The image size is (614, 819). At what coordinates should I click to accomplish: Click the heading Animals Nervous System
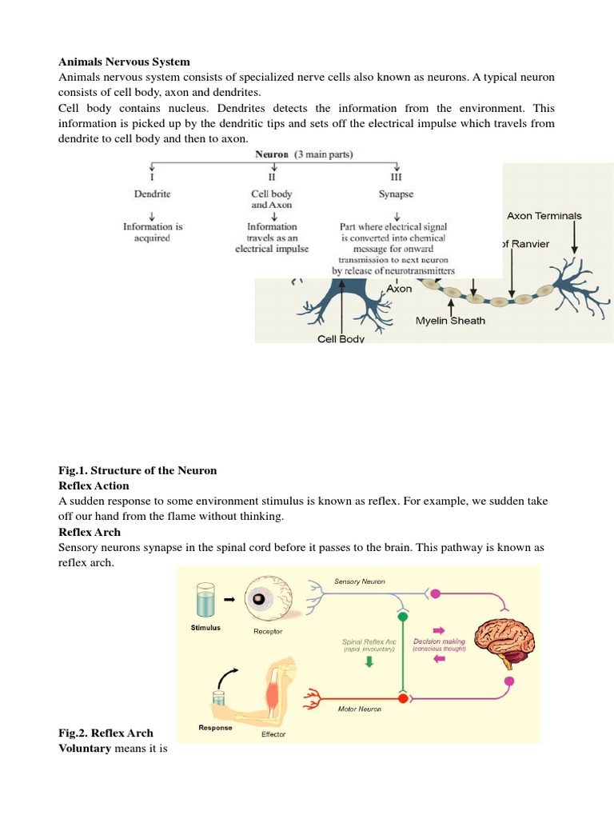coord(124,61)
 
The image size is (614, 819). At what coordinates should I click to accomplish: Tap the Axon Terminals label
coord(544,215)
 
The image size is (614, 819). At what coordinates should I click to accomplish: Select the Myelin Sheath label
coord(450,321)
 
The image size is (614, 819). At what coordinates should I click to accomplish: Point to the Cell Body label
coord(341,339)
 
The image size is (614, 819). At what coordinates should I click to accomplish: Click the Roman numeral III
coord(397,175)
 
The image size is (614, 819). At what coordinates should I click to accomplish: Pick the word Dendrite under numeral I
coord(153,194)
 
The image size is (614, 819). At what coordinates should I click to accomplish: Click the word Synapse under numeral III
coord(396,194)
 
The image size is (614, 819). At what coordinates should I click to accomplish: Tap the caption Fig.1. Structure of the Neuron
coord(138,469)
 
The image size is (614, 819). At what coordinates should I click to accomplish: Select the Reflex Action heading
coord(94,485)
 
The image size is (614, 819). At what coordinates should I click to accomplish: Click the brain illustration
coord(504,635)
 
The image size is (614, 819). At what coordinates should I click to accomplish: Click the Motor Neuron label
coord(359,709)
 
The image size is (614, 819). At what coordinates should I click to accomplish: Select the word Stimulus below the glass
coord(205,628)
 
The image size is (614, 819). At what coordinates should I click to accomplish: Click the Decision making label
coord(439,641)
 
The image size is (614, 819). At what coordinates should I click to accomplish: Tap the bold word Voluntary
coord(85,749)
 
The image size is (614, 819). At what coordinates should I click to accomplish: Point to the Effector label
coord(273,734)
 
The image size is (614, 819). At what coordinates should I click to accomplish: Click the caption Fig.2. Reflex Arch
coord(106,733)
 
